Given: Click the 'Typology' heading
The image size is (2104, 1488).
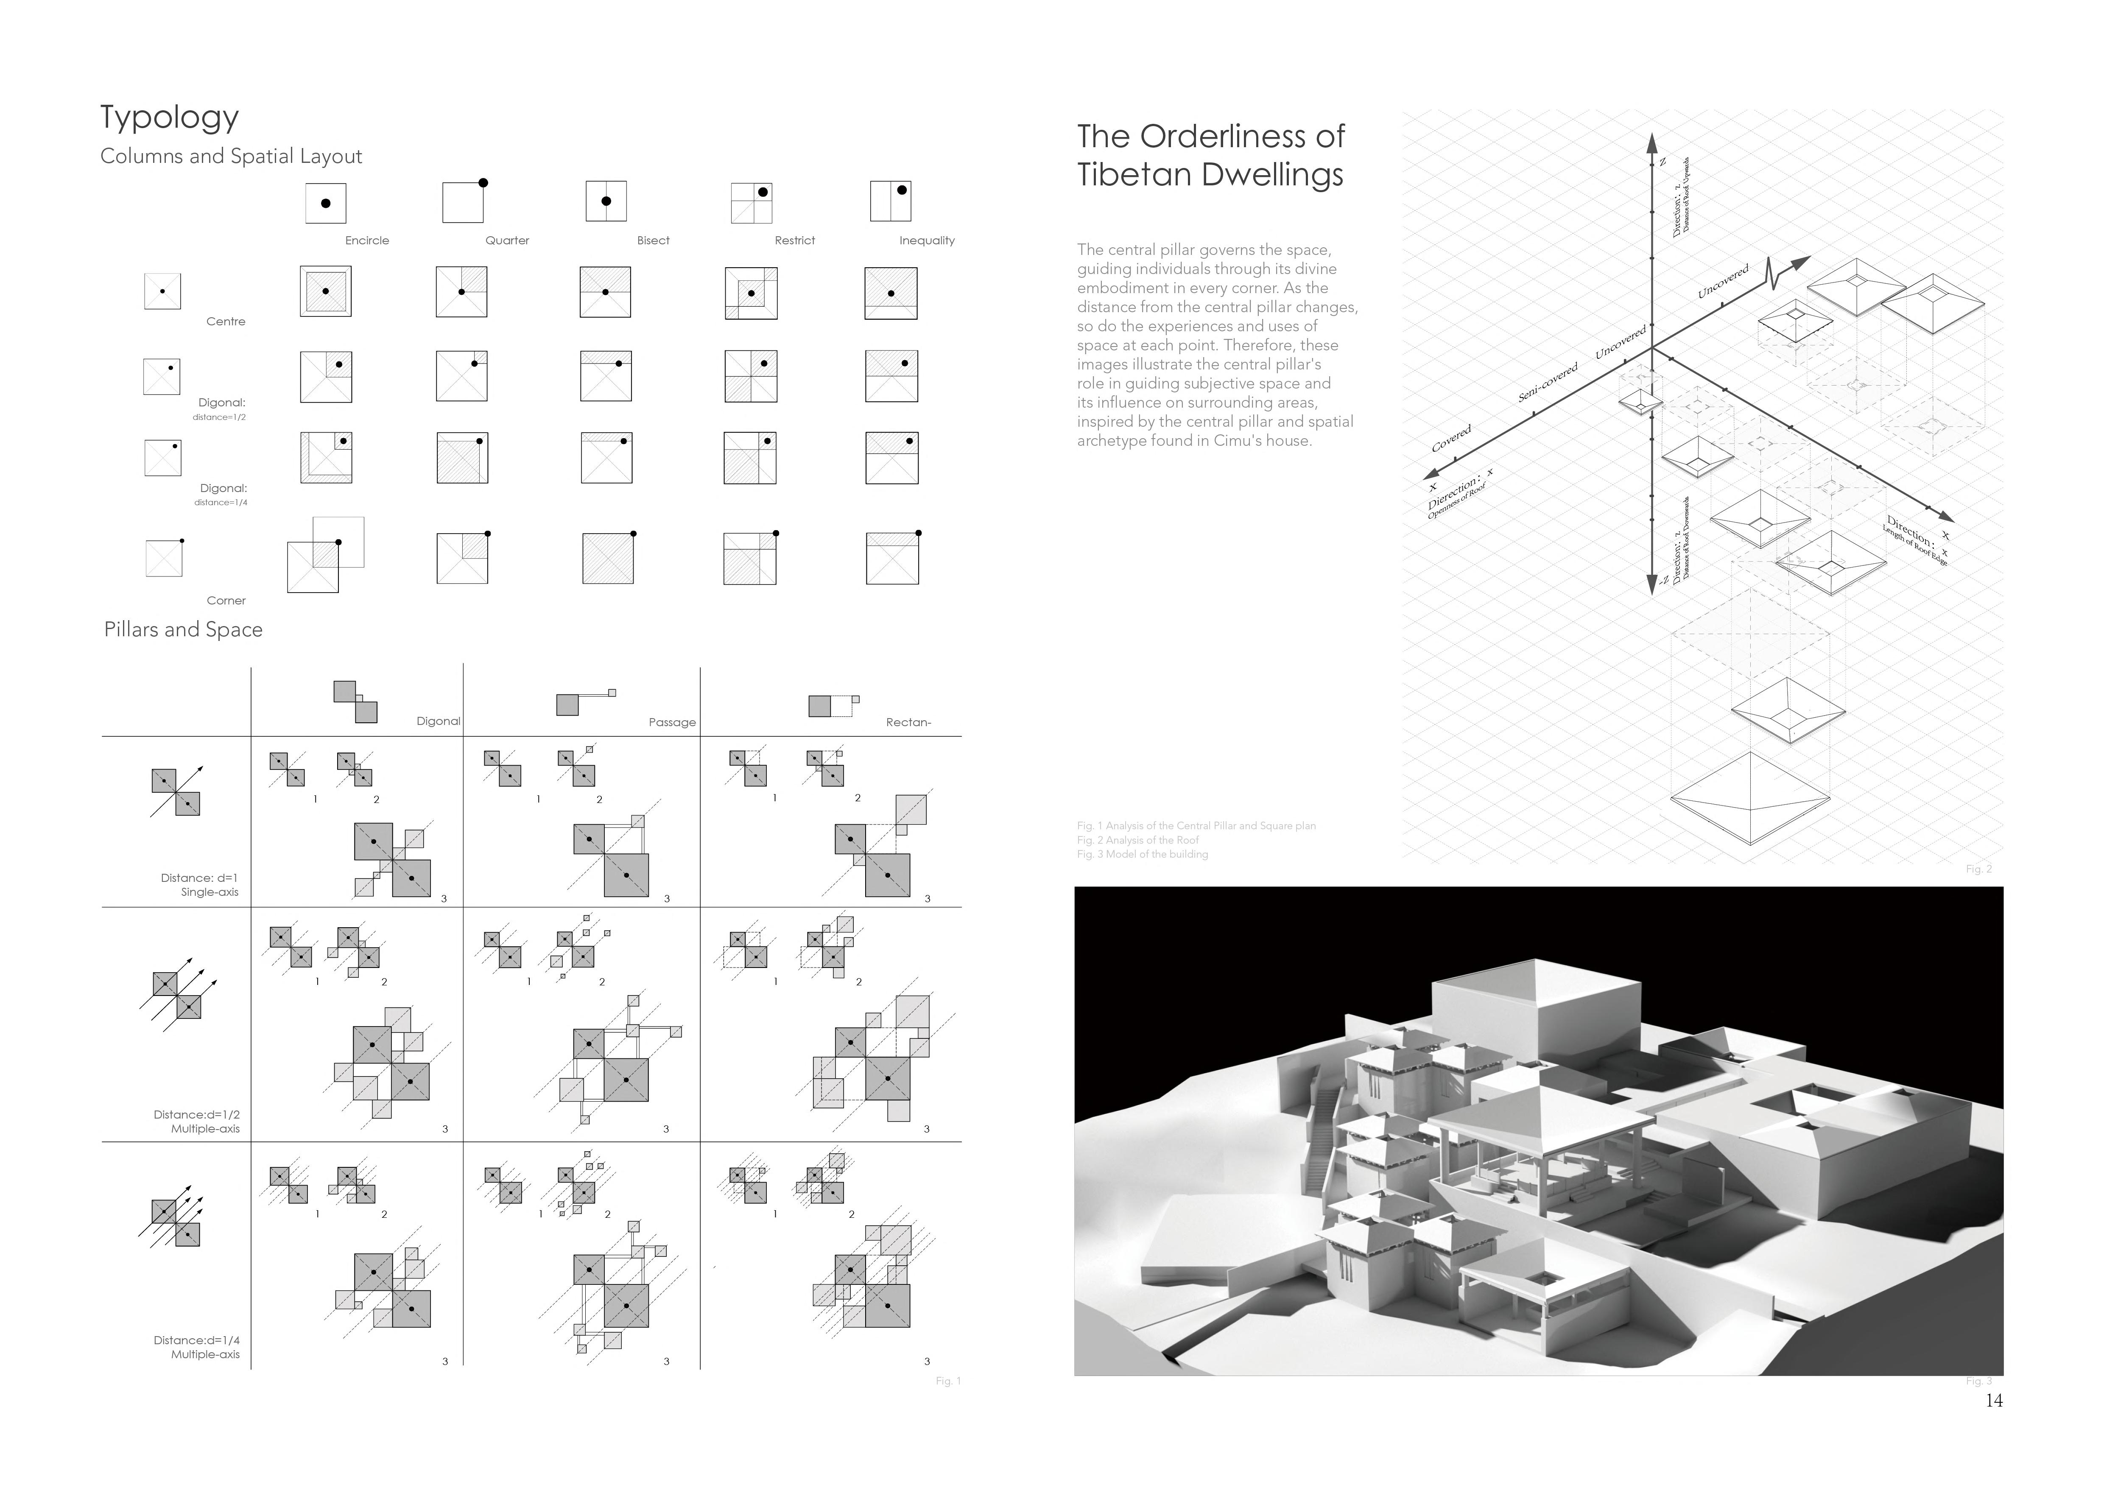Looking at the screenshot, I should (170, 118).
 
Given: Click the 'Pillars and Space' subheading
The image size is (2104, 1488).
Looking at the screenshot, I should (183, 629).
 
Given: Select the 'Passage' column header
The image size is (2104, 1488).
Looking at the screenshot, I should (672, 722).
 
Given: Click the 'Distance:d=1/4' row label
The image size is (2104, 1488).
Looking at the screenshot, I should (196, 1340).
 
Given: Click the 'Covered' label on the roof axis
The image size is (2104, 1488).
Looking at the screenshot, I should (1452, 438).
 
